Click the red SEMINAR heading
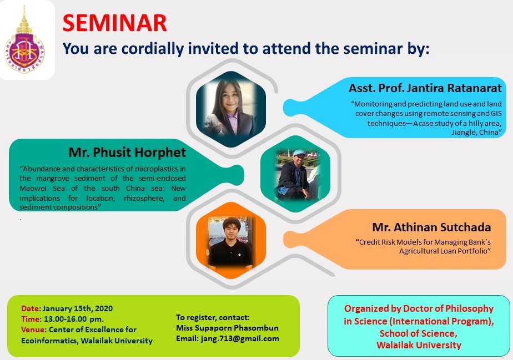(114, 23)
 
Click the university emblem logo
(24, 41)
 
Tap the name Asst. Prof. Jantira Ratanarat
(425, 88)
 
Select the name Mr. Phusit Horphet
(127, 153)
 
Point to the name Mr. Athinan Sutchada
(431, 227)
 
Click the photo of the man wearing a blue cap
(295, 174)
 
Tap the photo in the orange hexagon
(231, 241)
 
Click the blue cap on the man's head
(299, 153)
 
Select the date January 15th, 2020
(78, 308)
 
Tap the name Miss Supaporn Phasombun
(228, 328)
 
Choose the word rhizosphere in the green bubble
(144, 198)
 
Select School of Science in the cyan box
(419, 333)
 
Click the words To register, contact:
(213, 317)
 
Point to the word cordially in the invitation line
(153, 49)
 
